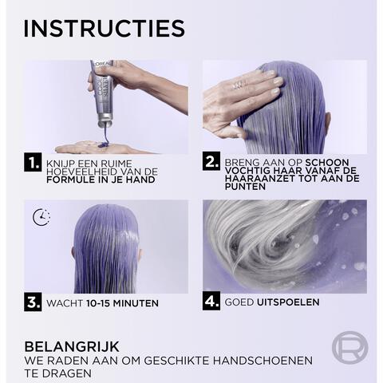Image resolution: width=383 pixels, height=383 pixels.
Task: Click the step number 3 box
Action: point(33,303)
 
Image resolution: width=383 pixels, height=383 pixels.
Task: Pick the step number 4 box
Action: point(211,303)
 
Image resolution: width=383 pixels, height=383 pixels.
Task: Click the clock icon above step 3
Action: point(41,217)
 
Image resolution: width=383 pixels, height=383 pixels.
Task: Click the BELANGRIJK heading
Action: point(72,346)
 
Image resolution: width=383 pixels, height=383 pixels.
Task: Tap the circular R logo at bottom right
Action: point(349,349)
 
